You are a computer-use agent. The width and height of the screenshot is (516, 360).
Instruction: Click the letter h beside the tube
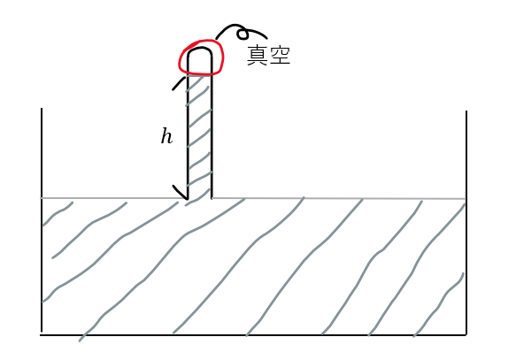coord(166,136)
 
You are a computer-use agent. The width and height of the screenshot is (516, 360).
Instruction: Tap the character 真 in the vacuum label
coord(257,56)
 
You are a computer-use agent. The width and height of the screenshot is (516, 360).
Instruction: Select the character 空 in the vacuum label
coord(280,55)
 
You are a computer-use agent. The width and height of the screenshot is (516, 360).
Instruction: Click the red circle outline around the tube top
coord(180,59)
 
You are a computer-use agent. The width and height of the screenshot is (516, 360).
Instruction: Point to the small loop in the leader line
coord(243,34)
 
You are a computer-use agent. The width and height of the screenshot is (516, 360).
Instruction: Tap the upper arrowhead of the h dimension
coord(178,83)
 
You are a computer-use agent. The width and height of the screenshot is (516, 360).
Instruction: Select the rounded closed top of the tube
coord(199,49)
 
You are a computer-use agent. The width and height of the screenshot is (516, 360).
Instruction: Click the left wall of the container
coord(42,219)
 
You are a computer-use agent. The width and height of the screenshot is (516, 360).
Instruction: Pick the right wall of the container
coord(466,223)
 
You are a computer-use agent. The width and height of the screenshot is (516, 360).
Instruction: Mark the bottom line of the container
coord(253,335)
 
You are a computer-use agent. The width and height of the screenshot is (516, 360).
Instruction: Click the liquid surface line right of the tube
coord(339,199)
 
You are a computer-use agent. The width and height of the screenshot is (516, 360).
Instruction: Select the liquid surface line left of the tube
coord(113,198)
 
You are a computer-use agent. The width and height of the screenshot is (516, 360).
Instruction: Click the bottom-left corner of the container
coord(42,334)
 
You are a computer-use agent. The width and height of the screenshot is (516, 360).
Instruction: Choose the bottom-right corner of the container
coord(466,335)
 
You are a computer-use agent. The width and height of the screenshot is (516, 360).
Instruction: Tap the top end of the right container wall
coord(466,111)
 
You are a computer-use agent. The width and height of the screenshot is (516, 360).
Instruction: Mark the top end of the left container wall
coord(42,108)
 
